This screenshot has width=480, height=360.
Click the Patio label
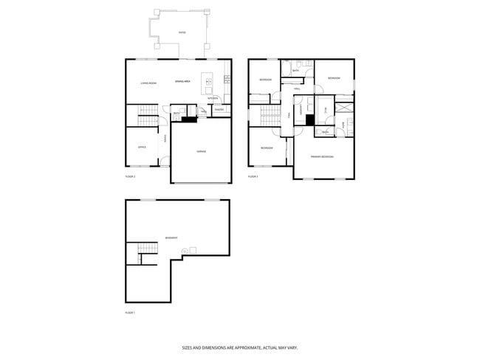click(x=182, y=33)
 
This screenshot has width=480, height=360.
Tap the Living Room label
click(x=148, y=83)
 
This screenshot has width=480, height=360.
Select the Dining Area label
click(x=183, y=81)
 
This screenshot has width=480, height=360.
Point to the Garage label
click(x=200, y=151)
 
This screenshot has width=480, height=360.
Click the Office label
click(x=142, y=147)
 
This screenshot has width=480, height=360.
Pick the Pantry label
click(x=219, y=111)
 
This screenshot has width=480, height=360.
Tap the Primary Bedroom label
click(x=322, y=156)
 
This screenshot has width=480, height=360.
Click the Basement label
click(x=171, y=238)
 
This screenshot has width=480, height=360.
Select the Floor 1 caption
click(x=130, y=313)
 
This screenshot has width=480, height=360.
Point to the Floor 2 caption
click(x=130, y=177)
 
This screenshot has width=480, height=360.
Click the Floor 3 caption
click(x=253, y=177)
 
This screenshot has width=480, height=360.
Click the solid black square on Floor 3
click(x=310, y=118)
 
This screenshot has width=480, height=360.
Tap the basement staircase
click(x=133, y=252)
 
